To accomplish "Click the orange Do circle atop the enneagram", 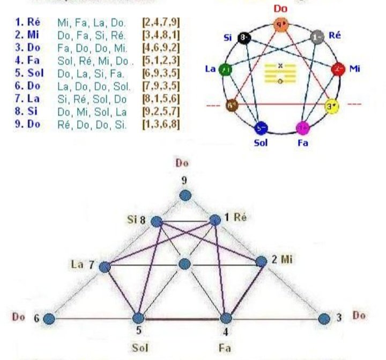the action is pos(280,24).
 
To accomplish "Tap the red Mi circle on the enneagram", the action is pos(338,70).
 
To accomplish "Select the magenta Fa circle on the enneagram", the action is pos(303,127).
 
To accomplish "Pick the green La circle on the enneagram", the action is pos(226,69).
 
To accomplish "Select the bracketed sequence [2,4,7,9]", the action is pos(161,22).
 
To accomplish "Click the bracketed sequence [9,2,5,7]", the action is pos(161,114).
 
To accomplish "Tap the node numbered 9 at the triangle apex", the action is pos(185,196).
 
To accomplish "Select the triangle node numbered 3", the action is pos(323,319).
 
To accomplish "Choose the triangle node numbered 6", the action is pos(49,319).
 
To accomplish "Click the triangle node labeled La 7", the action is pos(106,266).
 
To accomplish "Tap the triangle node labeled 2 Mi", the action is pos(261,261).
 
